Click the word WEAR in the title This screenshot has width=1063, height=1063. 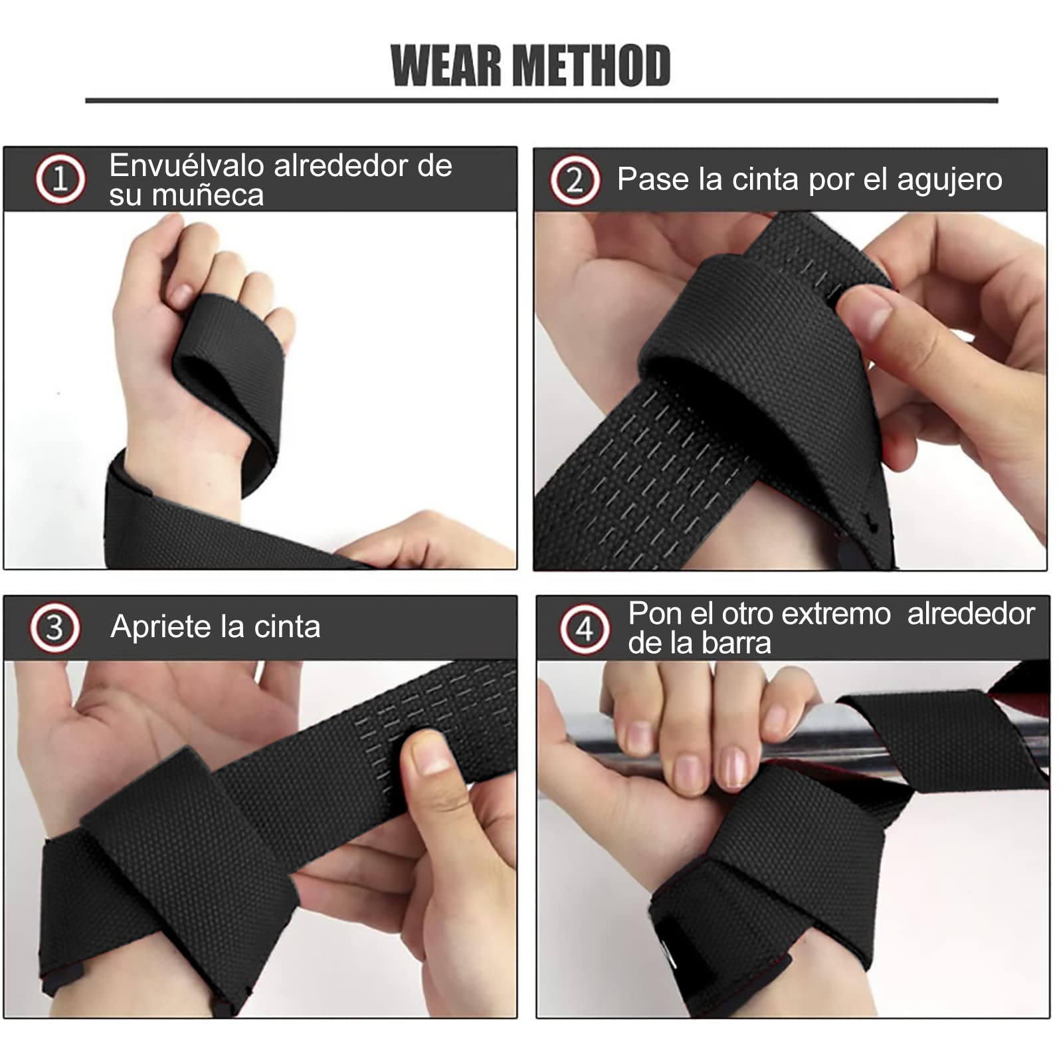pos(446,66)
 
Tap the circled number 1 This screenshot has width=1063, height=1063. pos(60,179)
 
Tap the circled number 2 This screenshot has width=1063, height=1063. pos(575,180)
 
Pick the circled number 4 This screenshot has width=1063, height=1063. pos(584,628)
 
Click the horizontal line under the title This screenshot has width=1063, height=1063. pos(541,101)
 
